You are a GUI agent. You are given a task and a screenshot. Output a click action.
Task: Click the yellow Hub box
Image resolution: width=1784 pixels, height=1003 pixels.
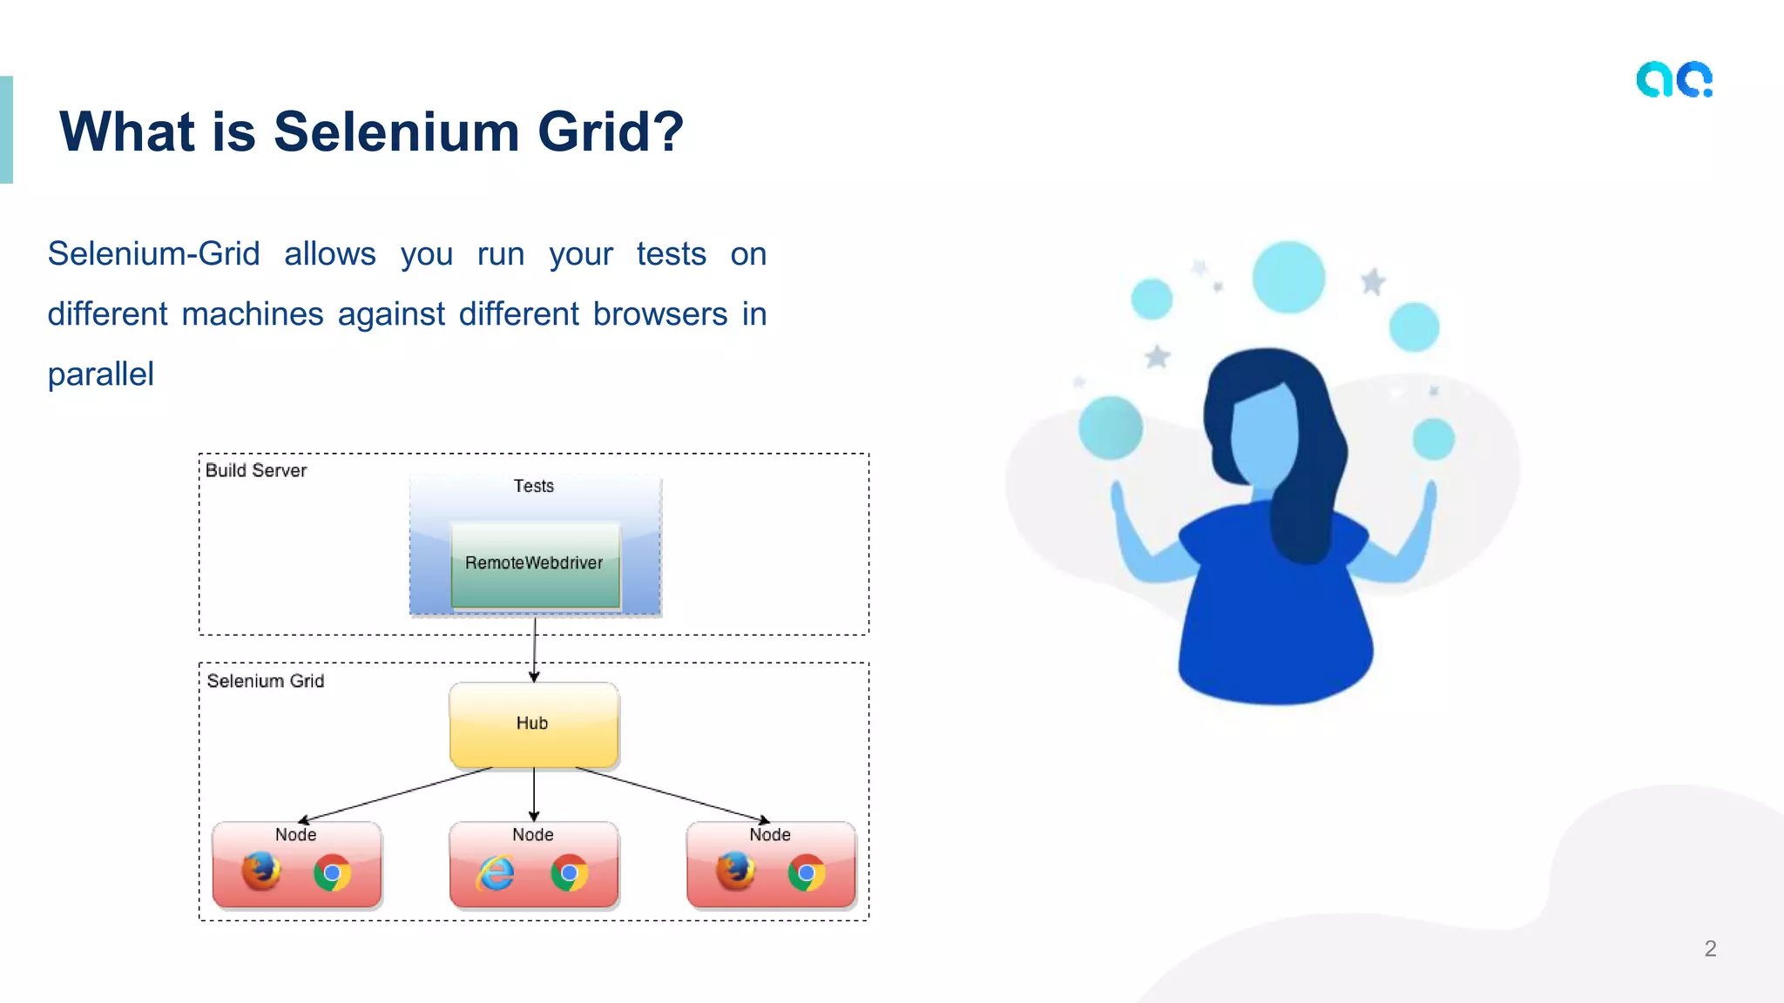coord(533,724)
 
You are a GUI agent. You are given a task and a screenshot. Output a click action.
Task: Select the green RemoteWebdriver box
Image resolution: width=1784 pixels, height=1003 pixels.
coord(534,563)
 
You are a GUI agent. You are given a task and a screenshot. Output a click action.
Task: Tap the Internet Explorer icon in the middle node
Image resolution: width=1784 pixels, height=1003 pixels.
coord(496,873)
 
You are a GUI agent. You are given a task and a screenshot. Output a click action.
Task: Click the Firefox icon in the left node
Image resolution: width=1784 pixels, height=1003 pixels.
coord(260,872)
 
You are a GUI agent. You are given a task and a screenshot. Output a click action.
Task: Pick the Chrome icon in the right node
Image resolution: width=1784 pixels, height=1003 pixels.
coord(807,873)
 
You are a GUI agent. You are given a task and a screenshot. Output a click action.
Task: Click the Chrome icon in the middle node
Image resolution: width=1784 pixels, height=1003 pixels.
coord(570,873)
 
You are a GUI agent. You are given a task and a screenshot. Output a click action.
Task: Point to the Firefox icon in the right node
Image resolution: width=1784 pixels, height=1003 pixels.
coord(735,872)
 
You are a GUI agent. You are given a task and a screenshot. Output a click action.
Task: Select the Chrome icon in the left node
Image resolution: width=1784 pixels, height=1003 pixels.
coord(332,873)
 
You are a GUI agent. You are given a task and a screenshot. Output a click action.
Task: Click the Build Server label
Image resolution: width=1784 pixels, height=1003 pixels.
coord(256,471)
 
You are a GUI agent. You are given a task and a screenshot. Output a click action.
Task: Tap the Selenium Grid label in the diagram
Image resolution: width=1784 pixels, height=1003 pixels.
coord(265,681)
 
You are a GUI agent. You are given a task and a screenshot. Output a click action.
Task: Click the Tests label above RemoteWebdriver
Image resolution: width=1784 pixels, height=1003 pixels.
coord(533,486)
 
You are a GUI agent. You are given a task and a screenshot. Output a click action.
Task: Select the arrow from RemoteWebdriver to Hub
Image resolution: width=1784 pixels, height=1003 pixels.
coord(534,649)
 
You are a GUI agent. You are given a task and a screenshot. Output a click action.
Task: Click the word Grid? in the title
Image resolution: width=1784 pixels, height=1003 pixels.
coord(610,132)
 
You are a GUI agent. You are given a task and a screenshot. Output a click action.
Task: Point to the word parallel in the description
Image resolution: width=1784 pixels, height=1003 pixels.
coord(100,374)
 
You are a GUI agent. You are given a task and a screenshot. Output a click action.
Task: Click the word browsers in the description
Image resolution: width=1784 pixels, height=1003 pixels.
coord(659,314)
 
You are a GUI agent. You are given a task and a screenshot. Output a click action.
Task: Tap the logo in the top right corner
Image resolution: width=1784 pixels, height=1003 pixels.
coord(1674,80)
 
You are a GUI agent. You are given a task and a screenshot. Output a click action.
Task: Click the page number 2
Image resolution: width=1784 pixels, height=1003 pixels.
coord(1710,948)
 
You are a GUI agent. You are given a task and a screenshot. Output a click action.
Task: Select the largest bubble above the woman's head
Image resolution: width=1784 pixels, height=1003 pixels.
coord(1288,277)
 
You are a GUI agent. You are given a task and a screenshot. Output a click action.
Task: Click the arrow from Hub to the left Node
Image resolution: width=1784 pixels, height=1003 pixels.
coord(396,794)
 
